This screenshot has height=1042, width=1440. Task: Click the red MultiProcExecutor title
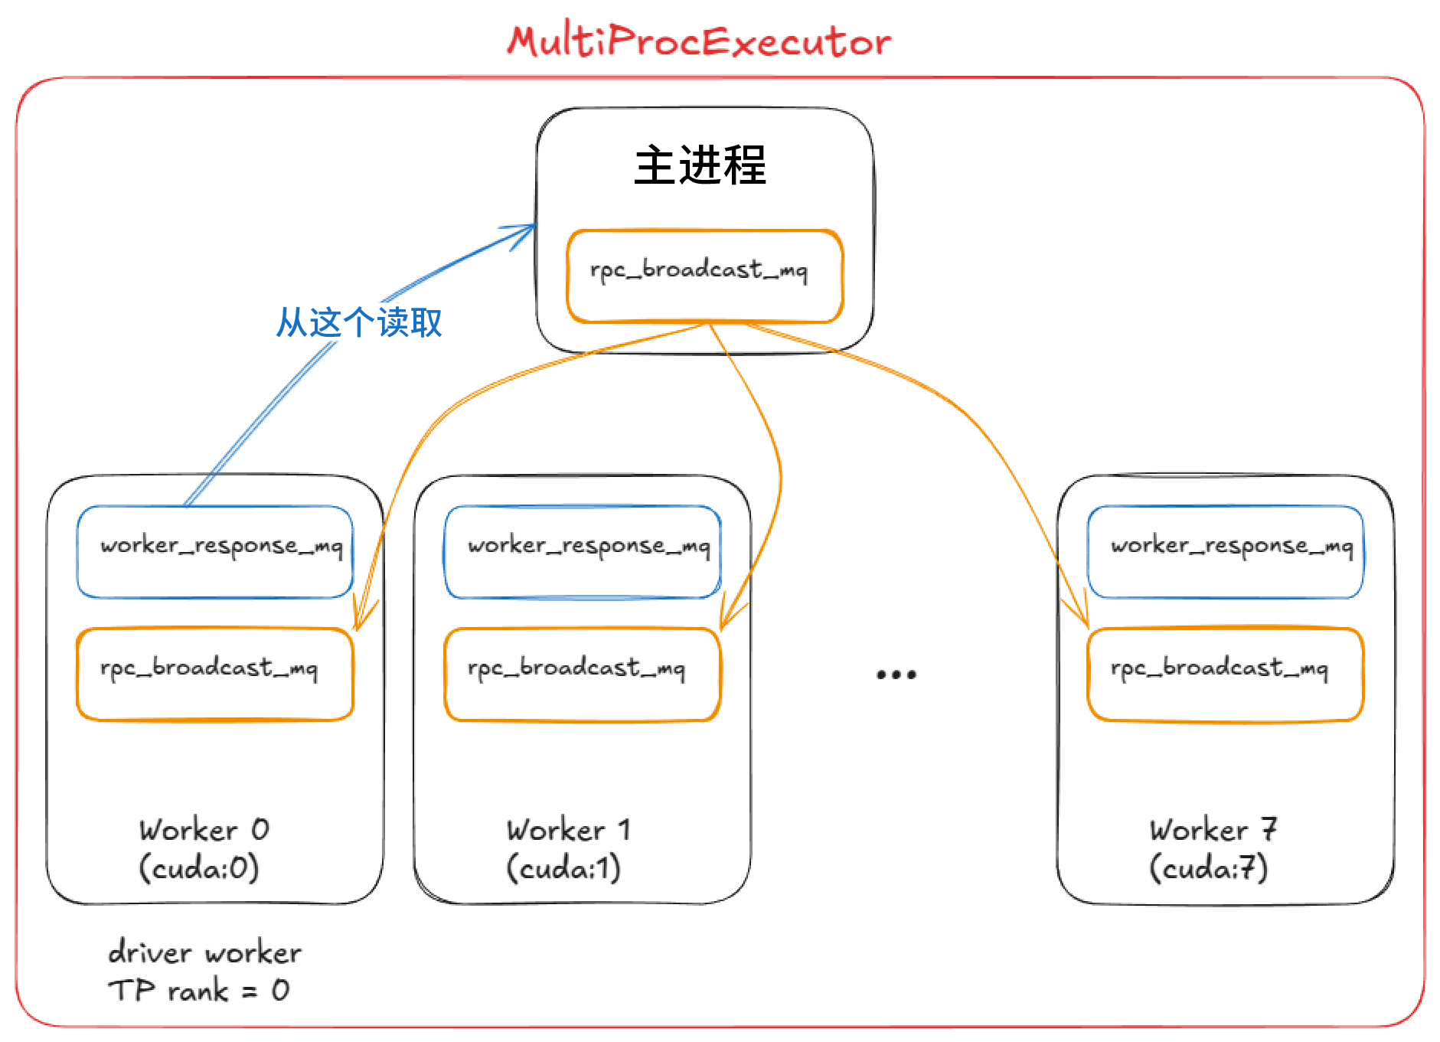point(699,41)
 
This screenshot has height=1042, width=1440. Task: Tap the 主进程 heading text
point(700,165)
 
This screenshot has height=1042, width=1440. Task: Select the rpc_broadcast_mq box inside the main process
point(704,276)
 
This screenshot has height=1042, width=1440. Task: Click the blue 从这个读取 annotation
point(359,322)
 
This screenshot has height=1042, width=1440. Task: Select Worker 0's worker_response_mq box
point(214,551)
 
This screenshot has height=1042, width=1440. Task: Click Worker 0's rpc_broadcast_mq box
point(214,674)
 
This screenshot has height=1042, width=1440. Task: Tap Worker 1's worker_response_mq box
point(582,551)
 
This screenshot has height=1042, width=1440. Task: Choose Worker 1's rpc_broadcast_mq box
point(582,674)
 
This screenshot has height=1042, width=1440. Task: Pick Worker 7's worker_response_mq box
point(1225,551)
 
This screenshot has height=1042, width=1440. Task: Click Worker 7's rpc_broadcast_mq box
point(1225,674)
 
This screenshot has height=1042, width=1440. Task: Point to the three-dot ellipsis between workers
point(896,675)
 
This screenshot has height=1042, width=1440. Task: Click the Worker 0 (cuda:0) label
point(202,849)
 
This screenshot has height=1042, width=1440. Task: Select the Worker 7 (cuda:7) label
point(1211,849)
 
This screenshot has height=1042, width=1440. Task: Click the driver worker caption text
point(204,953)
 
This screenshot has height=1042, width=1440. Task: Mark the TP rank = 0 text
point(199,991)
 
